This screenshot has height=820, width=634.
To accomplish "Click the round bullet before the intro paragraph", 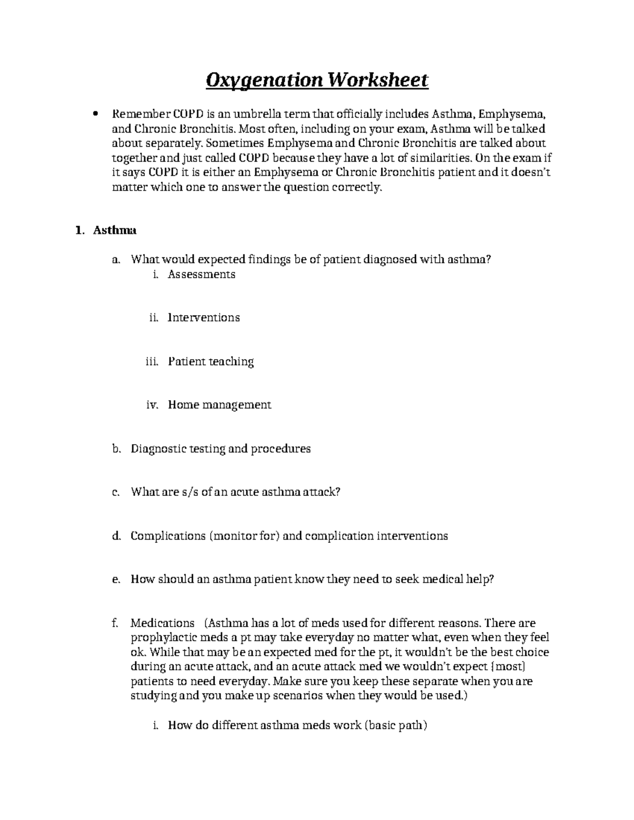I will click(95, 114).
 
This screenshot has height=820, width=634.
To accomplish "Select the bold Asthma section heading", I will click(115, 230).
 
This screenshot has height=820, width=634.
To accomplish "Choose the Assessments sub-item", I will click(201, 274).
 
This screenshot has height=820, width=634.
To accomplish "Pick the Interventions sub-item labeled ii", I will click(203, 318).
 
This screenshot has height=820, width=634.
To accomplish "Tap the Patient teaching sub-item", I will click(211, 362).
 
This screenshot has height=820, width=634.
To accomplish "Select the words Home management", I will click(219, 405).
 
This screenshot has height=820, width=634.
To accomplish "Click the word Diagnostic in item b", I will click(157, 449).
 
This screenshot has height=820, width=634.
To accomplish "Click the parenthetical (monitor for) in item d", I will click(245, 536).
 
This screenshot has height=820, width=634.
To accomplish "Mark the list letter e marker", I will click(116, 580).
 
